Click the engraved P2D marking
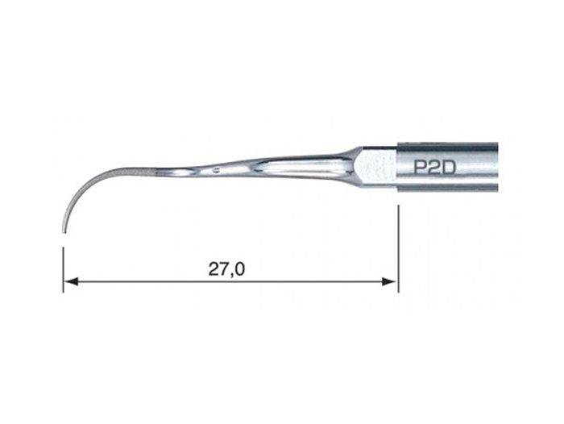pos(434,168)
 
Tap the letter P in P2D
pos(419,168)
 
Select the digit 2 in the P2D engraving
pos(433,168)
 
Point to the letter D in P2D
pos(450,168)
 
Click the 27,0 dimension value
pos(226,269)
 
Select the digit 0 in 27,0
pos(240,268)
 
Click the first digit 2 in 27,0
pos(214,268)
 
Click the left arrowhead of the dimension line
pos(70,281)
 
